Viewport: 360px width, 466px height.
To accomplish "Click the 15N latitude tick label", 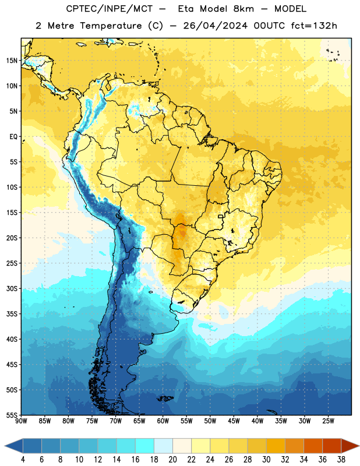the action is click(12, 61).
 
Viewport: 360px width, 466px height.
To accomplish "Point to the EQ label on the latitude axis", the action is click(13, 137).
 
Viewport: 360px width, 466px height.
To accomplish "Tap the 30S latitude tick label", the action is click(12, 288).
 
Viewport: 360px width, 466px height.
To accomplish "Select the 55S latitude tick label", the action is click(12, 415).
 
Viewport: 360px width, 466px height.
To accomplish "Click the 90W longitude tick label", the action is click(21, 421).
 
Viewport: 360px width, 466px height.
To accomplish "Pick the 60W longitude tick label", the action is click(163, 421).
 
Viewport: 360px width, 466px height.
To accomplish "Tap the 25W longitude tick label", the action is click(328, 421).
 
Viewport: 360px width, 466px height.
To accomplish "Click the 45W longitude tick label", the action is click(234, 421).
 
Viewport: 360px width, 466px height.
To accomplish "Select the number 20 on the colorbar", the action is click(172, 460).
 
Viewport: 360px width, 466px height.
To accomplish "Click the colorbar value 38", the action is click(341, 460).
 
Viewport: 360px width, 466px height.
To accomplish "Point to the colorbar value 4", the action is click(23, 460).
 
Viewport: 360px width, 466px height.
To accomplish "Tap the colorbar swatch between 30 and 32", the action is click(276, 446).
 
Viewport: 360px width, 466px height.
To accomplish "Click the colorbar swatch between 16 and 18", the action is click(144, 446).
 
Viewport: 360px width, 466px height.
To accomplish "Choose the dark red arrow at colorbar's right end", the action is click(350, 446).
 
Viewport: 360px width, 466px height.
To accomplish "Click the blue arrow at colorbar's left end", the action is click(13, 446).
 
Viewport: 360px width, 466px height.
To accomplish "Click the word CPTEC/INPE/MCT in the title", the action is click(109, 9).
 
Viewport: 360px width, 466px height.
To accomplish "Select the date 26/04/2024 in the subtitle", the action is click(215, 26).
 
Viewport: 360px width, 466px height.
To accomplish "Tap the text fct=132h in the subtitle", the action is click(314, 26).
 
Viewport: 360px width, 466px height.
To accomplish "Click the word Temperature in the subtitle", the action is click(111, 26).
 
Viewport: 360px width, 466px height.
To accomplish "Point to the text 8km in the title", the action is click(243, 9).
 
